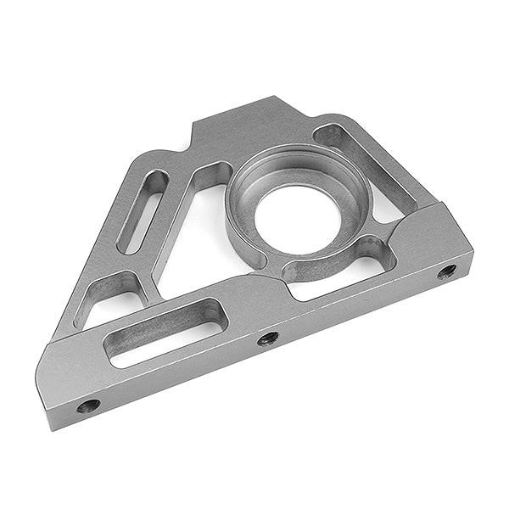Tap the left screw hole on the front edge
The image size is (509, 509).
point(87,406)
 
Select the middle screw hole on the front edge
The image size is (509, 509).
point(268,338)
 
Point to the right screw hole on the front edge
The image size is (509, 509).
point(447,271)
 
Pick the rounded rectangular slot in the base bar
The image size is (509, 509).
point(164,330)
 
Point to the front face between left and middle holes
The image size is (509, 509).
point(178,373)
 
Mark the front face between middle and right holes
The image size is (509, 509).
point(356,306)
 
